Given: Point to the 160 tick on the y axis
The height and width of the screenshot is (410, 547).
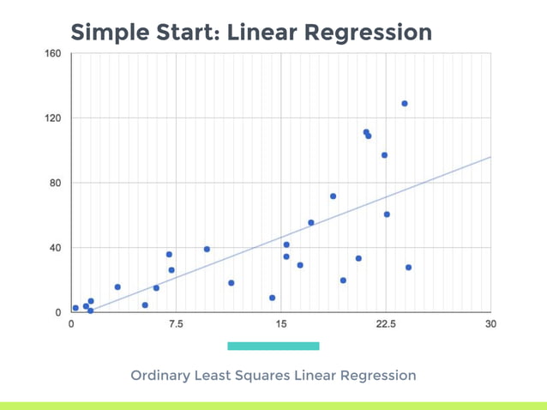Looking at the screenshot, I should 52,53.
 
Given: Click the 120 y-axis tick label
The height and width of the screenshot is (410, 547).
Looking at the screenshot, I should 52,118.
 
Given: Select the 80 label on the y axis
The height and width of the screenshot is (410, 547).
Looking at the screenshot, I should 55,183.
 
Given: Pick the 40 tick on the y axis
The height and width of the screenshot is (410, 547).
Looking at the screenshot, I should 55,248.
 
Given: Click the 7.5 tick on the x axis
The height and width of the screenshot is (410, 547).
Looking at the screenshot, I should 176,324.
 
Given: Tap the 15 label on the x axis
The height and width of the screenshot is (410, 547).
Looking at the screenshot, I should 281,324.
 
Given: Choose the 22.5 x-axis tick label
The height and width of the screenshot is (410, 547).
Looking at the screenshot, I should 386,324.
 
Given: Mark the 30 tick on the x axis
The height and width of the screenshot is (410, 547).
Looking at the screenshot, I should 490,324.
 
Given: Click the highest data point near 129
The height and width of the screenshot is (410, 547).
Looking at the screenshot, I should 405,104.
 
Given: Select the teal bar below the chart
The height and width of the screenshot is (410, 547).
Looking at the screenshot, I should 273,346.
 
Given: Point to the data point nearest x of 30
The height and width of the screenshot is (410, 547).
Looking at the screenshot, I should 409,268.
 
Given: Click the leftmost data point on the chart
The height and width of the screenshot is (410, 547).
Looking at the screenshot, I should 75,308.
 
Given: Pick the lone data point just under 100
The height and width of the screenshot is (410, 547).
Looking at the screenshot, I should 384,155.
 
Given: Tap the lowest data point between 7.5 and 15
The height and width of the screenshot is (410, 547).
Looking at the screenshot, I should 273,298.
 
